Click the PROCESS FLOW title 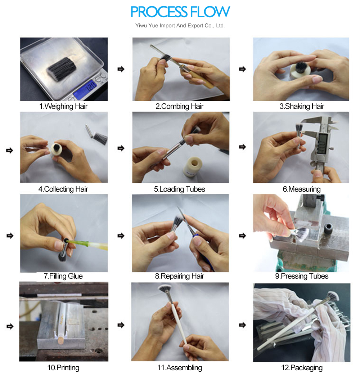pos(180,12)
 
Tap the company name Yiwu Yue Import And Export pos(174,26)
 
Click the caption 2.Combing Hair pos(180,106)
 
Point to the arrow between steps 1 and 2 pos(121,69)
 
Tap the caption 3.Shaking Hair pos(302,106)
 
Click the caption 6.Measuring pos(302,189)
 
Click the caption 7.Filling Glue pos(63,276)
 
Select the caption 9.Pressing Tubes pos(302,276)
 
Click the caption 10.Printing pos(63,368)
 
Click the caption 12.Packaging pos(302,368)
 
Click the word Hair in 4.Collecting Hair pos(81,189)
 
